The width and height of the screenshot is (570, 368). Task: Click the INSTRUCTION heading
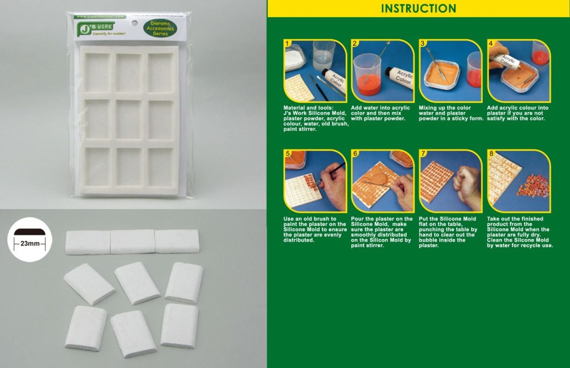(418, 8)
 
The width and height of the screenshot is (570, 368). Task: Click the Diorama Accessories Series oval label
(160, 29)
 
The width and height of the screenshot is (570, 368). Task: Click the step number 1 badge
(288, 43)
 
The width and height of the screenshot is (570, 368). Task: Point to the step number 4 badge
(491, 43)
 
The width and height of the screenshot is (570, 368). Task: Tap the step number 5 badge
(288, 154)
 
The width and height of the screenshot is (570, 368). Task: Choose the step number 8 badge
(491, 154)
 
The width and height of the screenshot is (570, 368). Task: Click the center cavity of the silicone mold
(129, 119)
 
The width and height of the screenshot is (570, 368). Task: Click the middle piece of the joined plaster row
(132, 242)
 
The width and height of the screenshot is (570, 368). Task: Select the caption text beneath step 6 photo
(381, 232)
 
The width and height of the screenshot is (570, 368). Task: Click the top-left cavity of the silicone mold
(97, 73)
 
